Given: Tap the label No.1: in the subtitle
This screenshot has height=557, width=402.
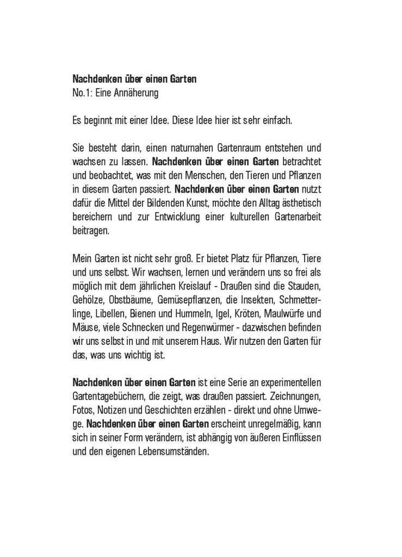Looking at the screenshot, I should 82,94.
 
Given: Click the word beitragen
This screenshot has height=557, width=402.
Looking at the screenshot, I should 90,230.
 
